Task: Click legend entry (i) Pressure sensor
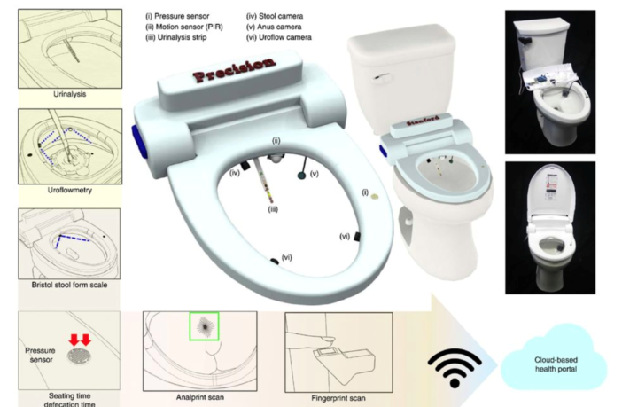(187, 16)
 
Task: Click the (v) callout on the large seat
(313, 175)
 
